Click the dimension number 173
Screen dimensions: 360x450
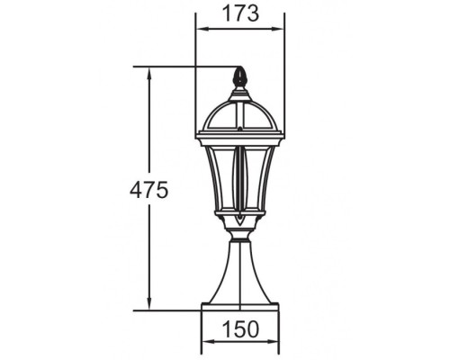point(239,13)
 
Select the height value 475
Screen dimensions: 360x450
point(149,190)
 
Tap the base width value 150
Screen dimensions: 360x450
point(239,328)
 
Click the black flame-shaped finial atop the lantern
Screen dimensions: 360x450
point(239,77)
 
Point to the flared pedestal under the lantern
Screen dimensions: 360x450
point(239,274)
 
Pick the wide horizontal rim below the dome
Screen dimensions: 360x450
point(239,137)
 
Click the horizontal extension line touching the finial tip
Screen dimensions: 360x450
point(180,67)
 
